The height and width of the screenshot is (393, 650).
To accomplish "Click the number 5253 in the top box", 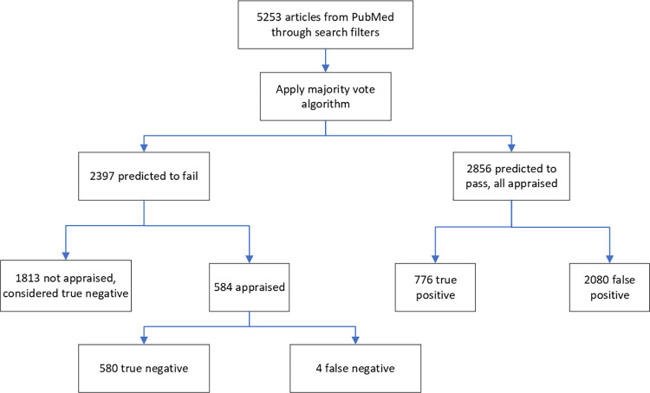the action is (269, 17).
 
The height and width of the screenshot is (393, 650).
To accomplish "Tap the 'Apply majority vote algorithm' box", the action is (325, 96).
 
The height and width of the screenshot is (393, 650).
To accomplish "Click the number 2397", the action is (102, 176).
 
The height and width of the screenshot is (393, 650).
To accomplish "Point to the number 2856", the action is (479, 169).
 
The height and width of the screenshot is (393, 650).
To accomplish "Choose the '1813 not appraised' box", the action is (66, 286).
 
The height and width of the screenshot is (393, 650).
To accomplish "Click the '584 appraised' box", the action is (249, 287).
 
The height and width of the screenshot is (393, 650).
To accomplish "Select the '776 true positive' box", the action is (435, 287).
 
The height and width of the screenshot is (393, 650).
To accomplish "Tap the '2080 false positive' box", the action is (609, 287).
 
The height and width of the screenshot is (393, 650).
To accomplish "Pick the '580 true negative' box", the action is (144, 368).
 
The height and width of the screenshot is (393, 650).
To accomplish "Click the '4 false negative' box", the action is (355, 368).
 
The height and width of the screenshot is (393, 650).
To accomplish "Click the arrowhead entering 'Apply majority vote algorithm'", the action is (325, 68).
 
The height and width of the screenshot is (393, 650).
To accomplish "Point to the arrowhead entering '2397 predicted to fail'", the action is (144, 147).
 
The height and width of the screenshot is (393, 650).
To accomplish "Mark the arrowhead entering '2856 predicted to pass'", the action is (511, 147).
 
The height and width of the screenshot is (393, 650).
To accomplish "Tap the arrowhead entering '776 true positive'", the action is (435, 259).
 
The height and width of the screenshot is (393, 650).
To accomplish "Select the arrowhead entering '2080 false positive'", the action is (609, 259).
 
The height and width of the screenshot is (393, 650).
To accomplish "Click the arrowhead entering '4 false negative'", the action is (355, 339).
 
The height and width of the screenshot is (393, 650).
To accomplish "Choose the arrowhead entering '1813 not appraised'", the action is (66, 255).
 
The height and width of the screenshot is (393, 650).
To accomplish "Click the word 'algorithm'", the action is (325, 104).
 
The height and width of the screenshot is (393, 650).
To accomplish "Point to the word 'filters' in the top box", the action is (365, 32).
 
